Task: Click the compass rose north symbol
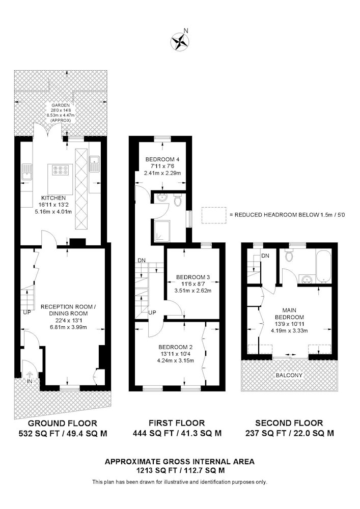180,41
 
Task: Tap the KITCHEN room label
53,198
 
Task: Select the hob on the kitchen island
61,170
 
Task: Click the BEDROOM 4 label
162,159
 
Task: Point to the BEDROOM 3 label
193,277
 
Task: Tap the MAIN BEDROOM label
289,314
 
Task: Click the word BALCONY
289,375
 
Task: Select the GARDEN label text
61,105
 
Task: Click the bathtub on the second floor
323,266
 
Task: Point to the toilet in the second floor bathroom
289,255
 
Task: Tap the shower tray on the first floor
162,232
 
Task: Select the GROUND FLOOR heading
62,423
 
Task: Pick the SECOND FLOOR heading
289,423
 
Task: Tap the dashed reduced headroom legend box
213,215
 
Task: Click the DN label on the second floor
265,256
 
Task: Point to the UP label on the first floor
152,313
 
